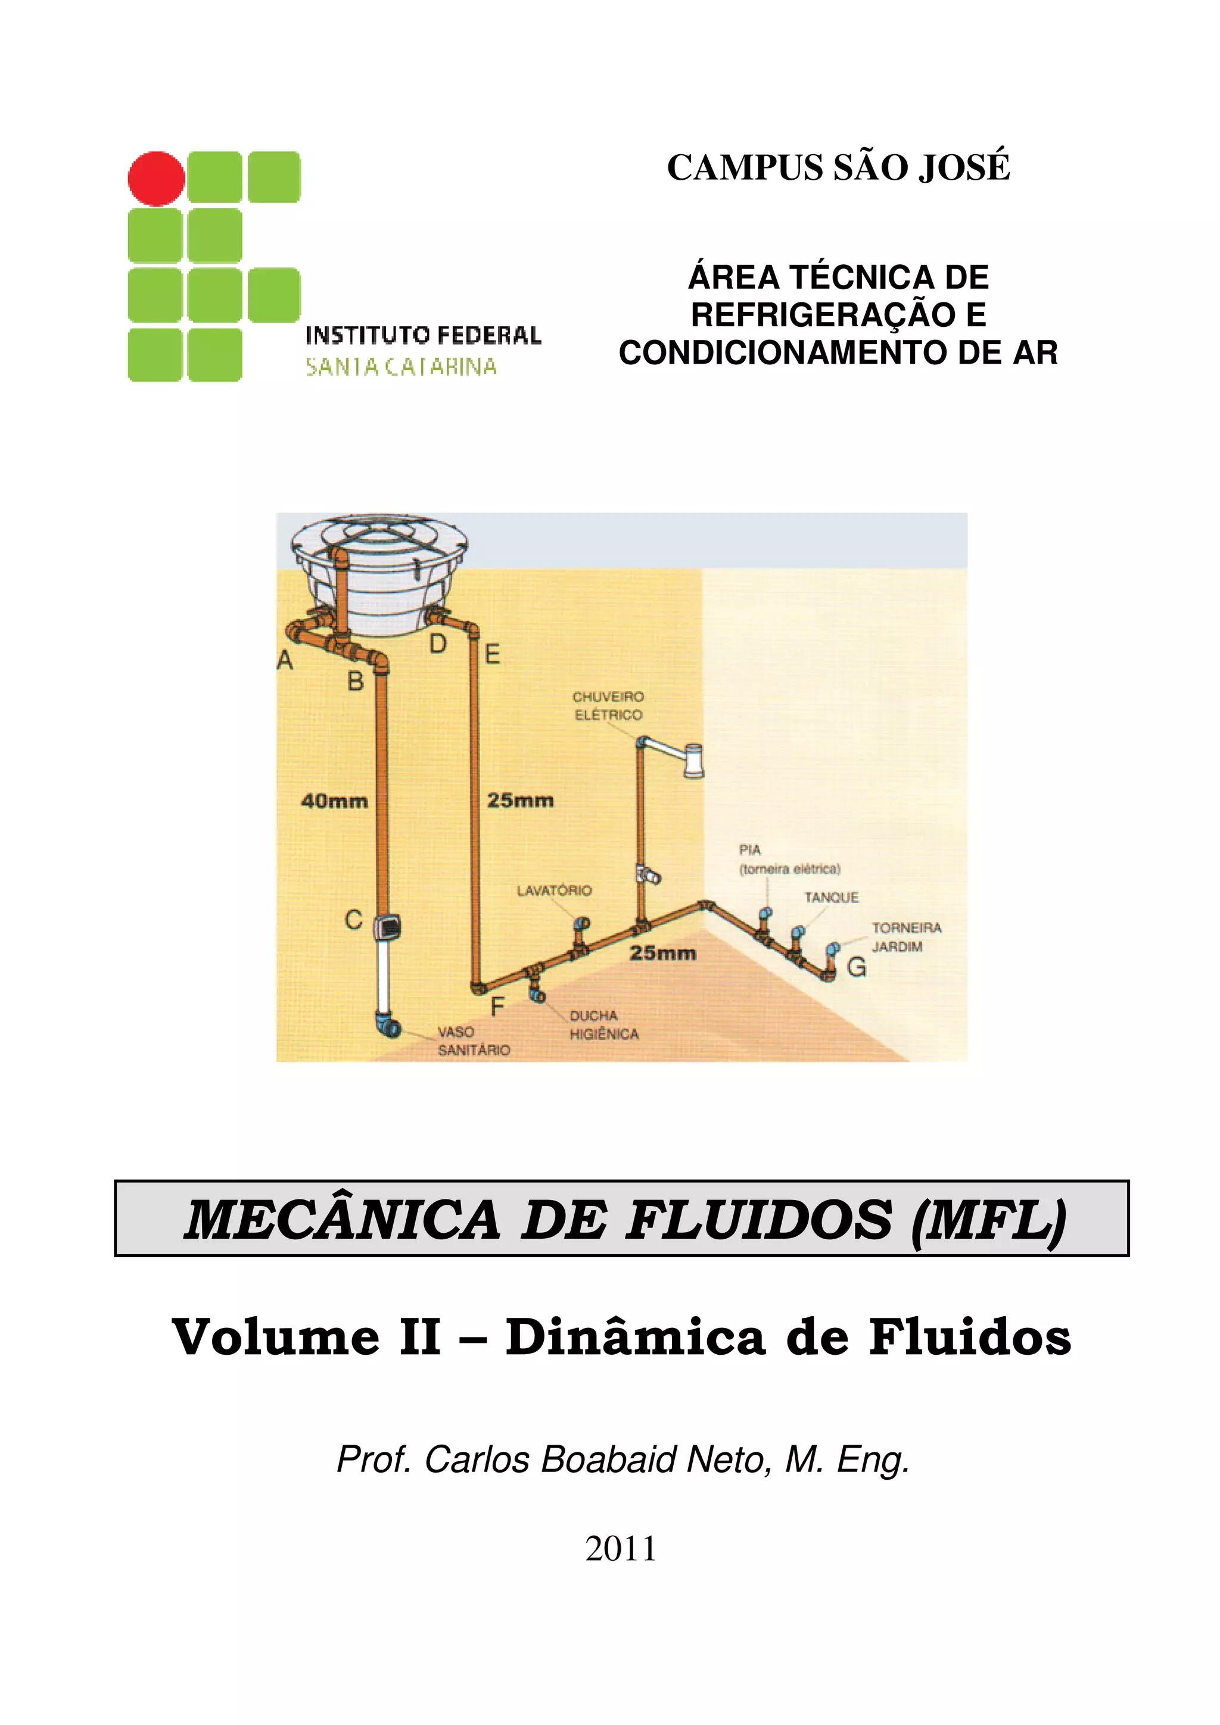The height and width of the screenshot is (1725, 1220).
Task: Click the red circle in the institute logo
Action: tap(156, 179)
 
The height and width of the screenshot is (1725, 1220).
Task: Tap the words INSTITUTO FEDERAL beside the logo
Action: tap(422, 335)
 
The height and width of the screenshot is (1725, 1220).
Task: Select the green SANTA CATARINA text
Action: tap(401, 367)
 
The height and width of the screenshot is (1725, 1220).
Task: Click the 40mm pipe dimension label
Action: tap(335, 801)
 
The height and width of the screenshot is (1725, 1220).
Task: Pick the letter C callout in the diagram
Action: tap(353, 920)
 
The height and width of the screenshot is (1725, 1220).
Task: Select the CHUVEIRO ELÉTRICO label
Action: tap(608, 705)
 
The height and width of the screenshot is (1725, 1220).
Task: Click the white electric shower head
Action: tap(693, 760)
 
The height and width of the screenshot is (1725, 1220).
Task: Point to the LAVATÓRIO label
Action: tap(554, 890)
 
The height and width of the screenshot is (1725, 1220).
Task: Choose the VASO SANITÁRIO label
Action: tap(474, 1040)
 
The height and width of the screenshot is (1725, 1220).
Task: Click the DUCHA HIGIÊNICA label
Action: tap(603, 1025)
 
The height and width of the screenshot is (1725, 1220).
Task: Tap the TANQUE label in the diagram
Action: tap(830, 897)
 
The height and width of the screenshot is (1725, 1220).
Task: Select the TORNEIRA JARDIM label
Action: tap(906, 937)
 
